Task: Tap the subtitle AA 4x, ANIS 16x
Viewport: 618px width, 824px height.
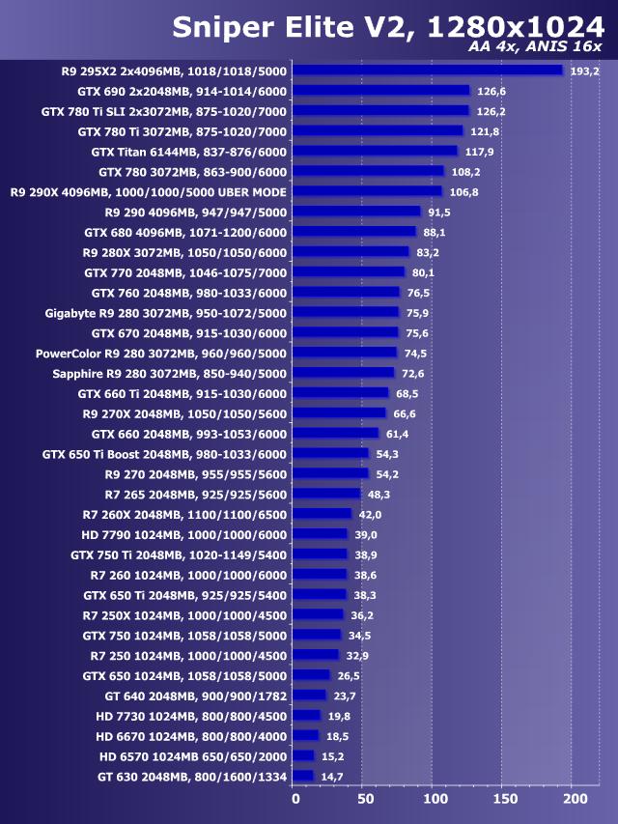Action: click(535, 46)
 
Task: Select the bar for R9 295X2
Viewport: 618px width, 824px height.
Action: click(427, 71)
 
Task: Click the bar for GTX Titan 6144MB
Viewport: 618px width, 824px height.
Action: click(375, 152)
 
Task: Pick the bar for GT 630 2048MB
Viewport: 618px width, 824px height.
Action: click(303, 776)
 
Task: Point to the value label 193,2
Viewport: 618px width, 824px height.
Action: click(585, 71)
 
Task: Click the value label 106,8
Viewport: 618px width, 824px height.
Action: click(464, 192)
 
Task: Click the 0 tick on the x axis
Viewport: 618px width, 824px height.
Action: click(295, 800)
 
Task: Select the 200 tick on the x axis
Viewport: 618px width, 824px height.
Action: click(574, 800)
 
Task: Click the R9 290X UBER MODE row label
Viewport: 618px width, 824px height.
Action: click(149, 192)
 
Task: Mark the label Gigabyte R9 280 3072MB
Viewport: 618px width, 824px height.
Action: click(166, 313)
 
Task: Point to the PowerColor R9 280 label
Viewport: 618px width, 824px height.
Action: click(161, 353)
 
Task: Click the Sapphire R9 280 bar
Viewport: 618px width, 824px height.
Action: click(344, 373)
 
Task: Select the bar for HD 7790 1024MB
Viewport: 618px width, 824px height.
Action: click(320, 534)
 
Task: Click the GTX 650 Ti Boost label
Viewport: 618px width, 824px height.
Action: click(164, 454)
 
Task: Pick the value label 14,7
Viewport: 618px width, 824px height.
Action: click(332, 777)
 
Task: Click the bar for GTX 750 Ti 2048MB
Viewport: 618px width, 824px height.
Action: click(320, 554)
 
